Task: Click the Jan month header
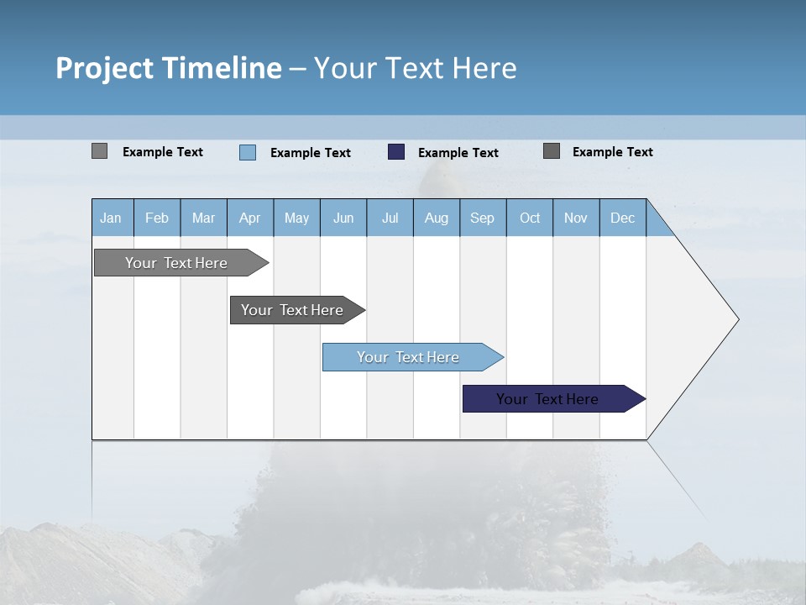click(x=111, y=218)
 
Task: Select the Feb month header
click(x=157, y=218)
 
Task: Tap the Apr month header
click(x=249, y=218)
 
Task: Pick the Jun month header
click(x=343, y=218)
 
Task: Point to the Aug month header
click(x=436, y=218)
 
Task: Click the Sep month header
click(x=482, y=218)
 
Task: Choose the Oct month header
click(x=530, y=218)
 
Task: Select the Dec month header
click(x=622, y=218)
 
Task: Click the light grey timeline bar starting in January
click(x=176, y=263)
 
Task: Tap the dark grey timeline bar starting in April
click(x=292, y=310)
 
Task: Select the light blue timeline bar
click(x=408, y=357)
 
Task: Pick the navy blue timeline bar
click(x=547, y=399)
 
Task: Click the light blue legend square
click(x=247, y=152)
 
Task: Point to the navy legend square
click(x=396, y=152)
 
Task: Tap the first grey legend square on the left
click(x=99, y=151)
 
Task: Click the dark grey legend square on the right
click(x=552, y=151)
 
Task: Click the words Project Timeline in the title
click(x=168, y=68)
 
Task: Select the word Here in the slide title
click(x=484, y=68)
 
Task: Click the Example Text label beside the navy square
click(x=458, y=153)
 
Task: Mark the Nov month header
click(x=576, y=218)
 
